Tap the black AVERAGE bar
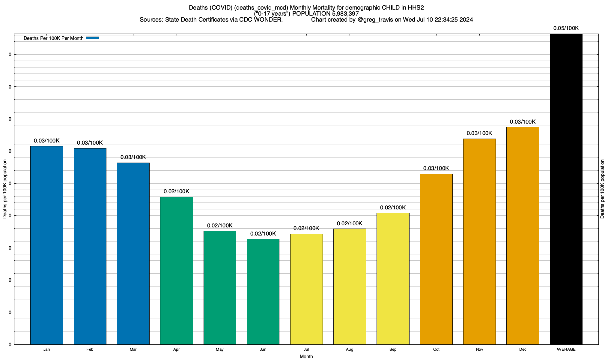(x=566, y=189)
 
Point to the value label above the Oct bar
(x=436, y=168)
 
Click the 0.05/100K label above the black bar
(x=566, y=28)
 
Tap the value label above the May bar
(x=220, y=226)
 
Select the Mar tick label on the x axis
(x=133, y=349)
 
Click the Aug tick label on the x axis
(x=350, y=349)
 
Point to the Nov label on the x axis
(x=479, y=349)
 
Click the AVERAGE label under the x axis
(x=566, y=349)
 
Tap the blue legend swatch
(x=92, y=38)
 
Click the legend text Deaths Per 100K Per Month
(x=54, y=38)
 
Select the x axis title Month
(x=306, y=357)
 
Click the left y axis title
(x=5, y=189)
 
